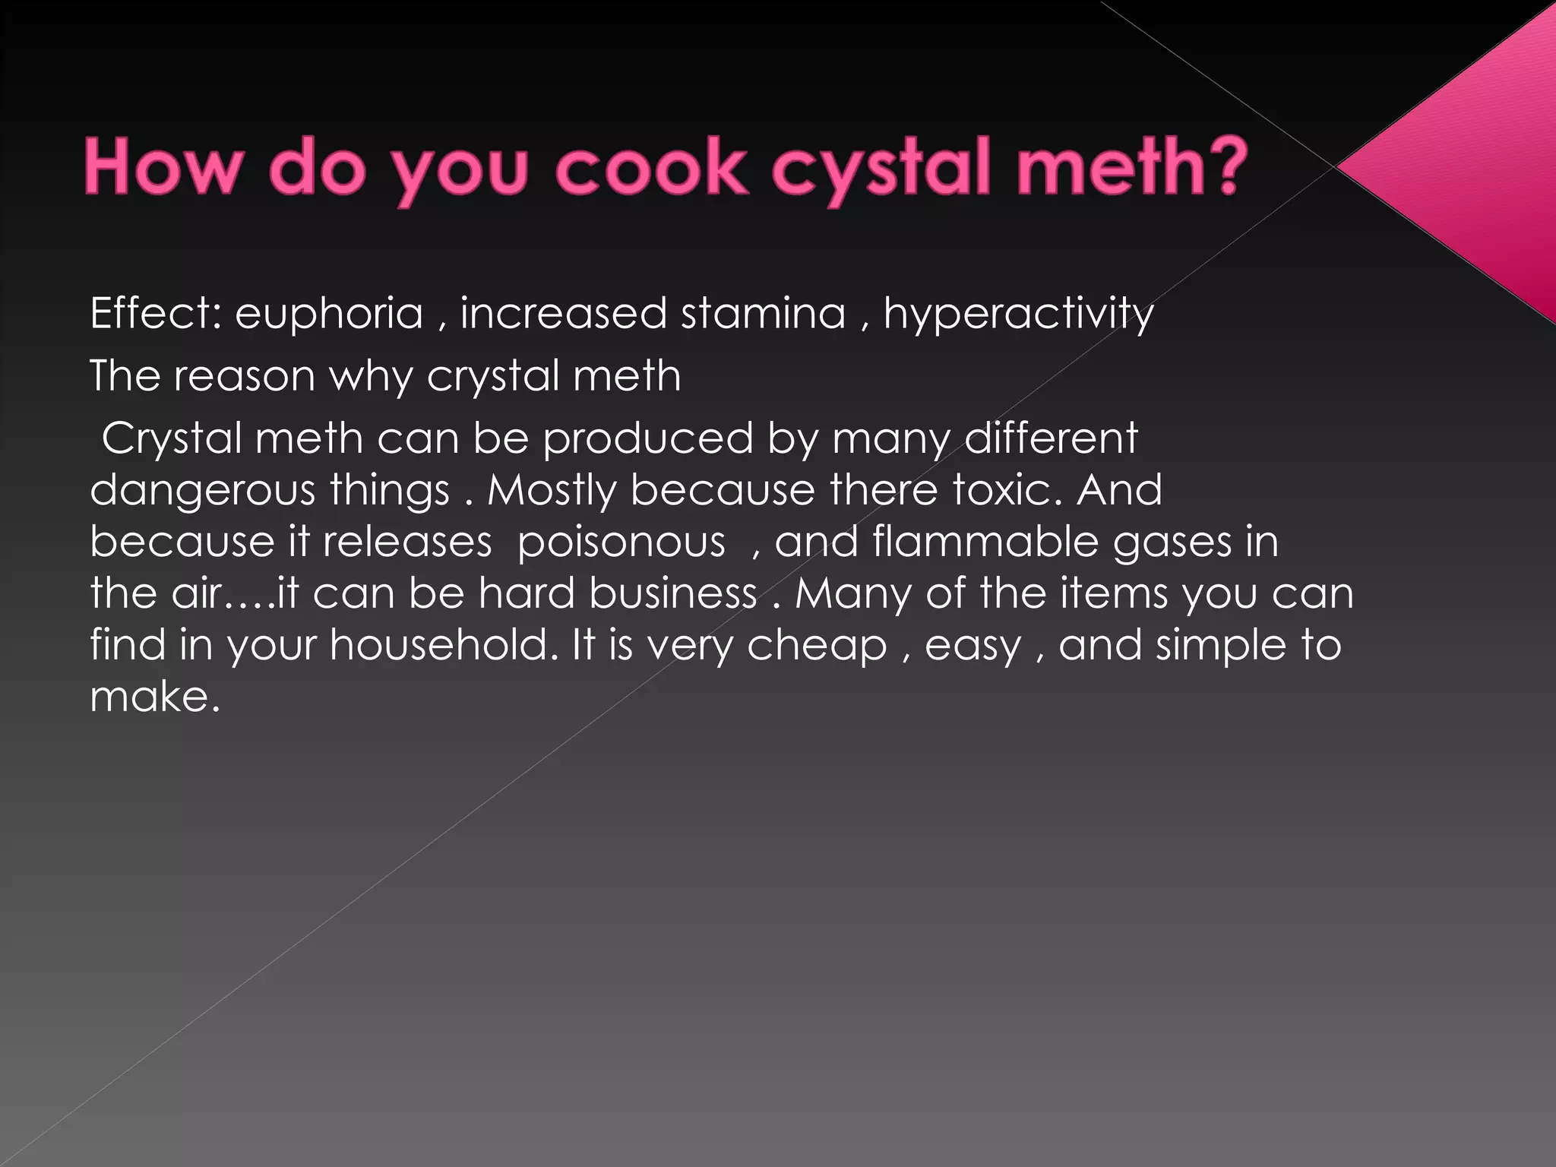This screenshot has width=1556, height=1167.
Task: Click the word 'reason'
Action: point(244,376)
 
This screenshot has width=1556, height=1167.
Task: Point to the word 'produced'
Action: point(648,438)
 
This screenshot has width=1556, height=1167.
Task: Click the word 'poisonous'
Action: point(621,542)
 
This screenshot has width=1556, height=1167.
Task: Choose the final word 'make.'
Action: point(155,697)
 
